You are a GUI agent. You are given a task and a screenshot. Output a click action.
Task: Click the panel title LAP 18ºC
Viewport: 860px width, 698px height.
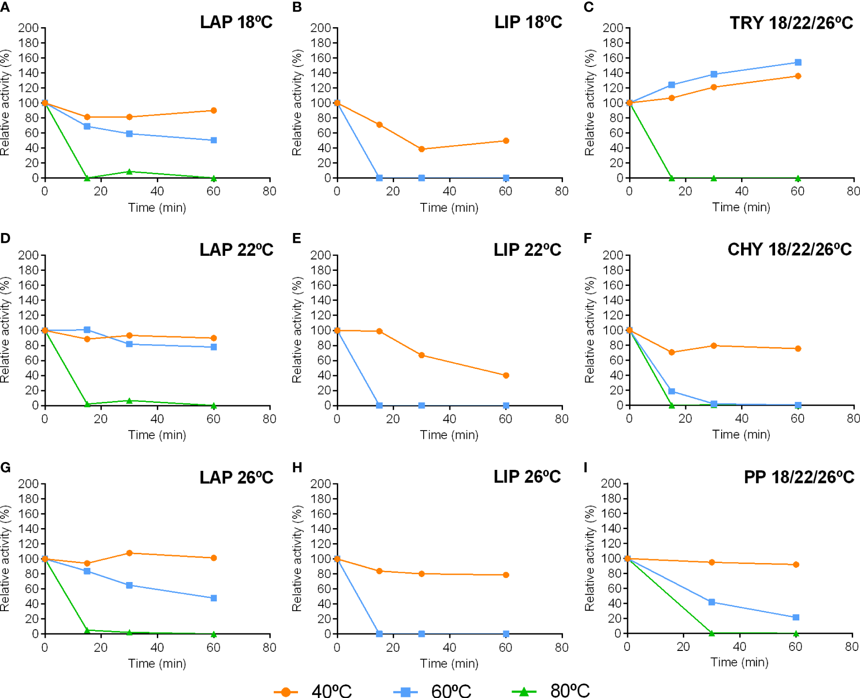click(236, 22)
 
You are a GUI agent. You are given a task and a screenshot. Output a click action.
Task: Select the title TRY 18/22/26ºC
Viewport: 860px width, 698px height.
click(791, 23)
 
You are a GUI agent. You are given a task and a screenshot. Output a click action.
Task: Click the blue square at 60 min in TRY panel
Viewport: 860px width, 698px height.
click(798, 63)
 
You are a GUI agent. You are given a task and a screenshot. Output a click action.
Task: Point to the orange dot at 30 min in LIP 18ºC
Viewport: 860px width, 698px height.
click(421, 149)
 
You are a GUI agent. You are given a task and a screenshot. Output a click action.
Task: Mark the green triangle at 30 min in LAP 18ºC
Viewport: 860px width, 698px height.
click(129, 172)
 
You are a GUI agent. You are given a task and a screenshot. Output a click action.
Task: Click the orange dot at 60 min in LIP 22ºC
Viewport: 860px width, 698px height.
click(506, 375)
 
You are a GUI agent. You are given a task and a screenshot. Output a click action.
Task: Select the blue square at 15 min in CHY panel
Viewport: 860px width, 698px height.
click(672, 391)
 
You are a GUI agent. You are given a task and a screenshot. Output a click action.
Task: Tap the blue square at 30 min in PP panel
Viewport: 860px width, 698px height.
click(711, 602)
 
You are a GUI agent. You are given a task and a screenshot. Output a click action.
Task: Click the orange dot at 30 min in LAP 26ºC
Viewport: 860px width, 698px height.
click(129, 553)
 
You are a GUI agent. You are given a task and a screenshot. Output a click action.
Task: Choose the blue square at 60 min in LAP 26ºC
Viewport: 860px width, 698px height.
click(214, 598)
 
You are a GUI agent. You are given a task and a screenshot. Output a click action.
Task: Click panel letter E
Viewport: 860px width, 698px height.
click(297, 238)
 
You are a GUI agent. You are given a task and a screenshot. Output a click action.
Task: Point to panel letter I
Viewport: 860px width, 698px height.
click(586, 467)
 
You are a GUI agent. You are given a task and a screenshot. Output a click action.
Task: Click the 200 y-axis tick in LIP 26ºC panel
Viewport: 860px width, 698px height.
click(320, 483)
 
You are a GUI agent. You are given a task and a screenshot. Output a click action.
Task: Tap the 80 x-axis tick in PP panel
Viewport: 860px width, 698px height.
click(851, 647)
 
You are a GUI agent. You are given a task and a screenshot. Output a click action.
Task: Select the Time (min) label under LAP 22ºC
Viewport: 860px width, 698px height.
click(157, 435)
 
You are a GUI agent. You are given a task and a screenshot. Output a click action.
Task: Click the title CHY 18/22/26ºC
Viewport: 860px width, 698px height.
click(790, 249)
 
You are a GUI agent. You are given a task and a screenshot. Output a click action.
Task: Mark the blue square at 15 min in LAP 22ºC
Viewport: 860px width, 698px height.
click(87, 330)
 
